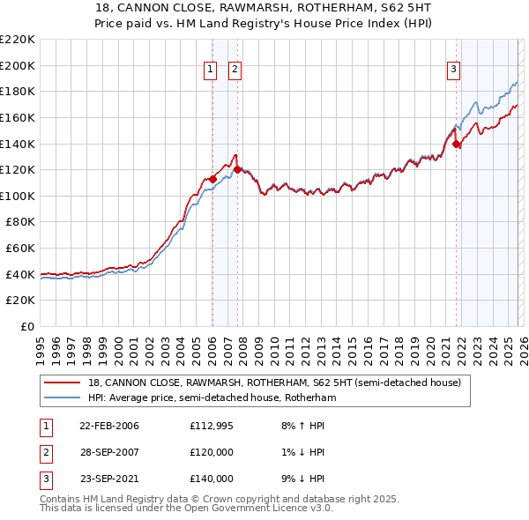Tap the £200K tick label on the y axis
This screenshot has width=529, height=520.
tap(18, 65)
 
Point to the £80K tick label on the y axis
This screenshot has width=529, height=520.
tap(20, 222)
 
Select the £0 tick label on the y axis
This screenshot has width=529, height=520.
tap(27, 327)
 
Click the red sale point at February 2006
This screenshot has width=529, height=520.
tap(212, 179)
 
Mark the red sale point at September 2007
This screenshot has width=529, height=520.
tap(237, 169)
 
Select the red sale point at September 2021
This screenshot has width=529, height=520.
tap(456, 144)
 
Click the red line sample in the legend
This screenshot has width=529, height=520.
tap(63, 383)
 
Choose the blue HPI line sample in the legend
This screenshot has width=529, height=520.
tap(63, 398)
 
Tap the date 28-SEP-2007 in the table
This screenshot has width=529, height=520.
tap(109, 452)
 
